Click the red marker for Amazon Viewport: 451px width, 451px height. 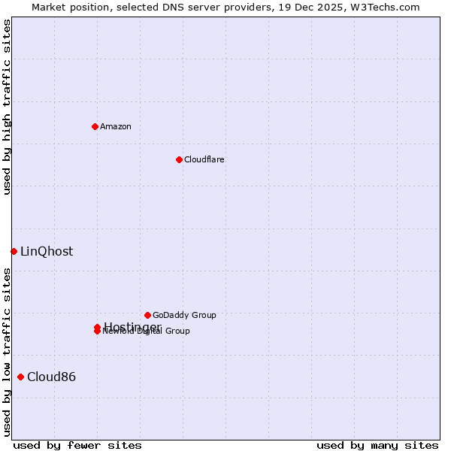(95, 126)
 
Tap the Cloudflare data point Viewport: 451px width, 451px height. (179, 159)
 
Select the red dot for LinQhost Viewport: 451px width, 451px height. (14, 251)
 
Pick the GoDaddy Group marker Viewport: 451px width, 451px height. (147, 315)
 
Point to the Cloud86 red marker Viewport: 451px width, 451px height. (20, 377)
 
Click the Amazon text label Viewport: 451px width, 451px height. (116, 126)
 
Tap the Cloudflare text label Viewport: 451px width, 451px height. (204, 159)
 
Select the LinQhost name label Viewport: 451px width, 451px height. (47, 252)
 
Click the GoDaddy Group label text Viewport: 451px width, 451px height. (184, 315)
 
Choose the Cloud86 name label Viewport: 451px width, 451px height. (51, 377)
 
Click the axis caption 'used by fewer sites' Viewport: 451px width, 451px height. (67, 445)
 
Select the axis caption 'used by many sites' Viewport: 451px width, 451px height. (377, 445)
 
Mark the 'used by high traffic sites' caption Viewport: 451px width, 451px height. (8, 107)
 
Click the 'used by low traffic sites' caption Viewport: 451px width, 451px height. (8, 352)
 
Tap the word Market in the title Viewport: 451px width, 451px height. (49, 7)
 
